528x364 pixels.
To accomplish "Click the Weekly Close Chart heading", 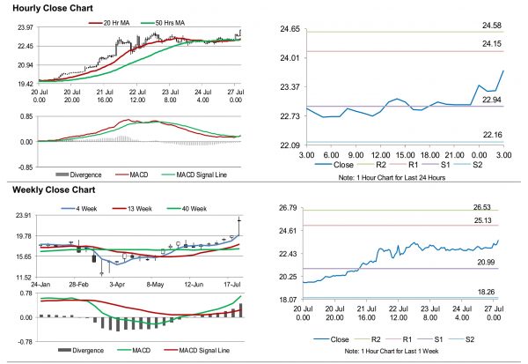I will [x=55, y=189].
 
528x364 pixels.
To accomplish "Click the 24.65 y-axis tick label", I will [x=288, y=30].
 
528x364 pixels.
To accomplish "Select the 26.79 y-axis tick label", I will [x=288, y=208].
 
